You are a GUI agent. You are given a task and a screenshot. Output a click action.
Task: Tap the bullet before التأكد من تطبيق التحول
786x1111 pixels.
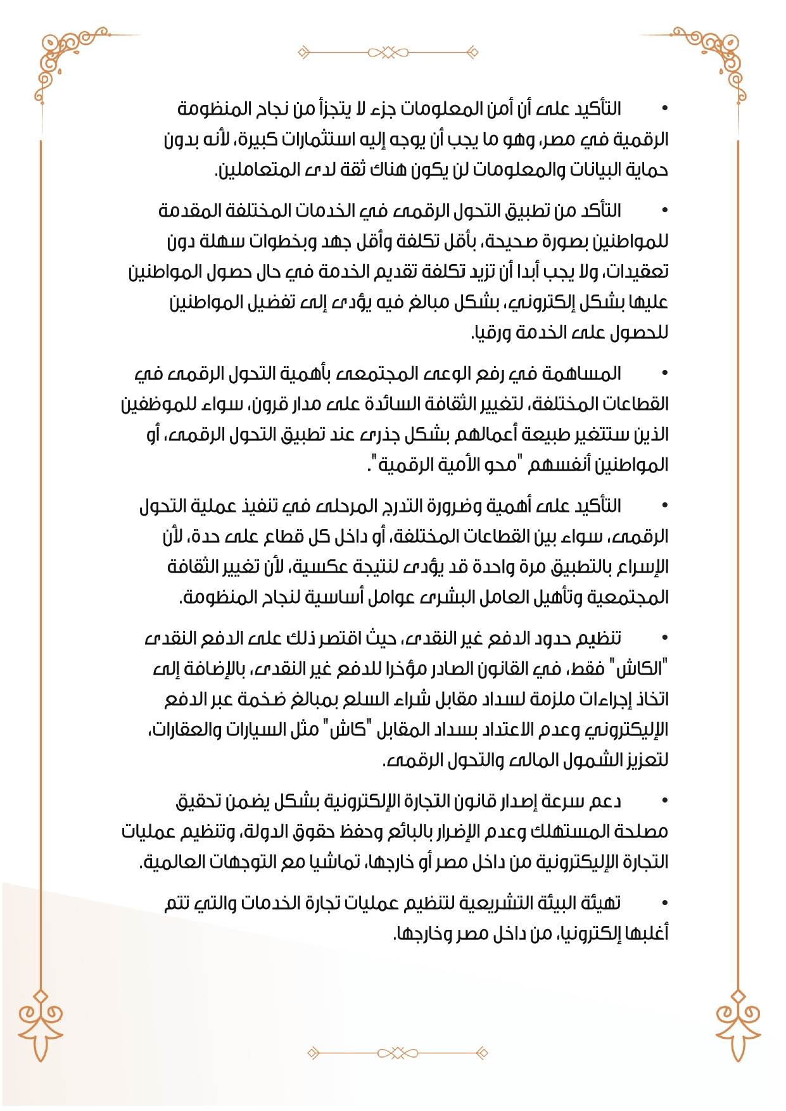pos(664,210)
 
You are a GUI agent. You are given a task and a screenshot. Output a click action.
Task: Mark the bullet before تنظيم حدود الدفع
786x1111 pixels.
pos(664,638)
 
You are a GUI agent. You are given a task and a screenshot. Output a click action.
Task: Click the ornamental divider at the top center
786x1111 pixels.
pos(393,51)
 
